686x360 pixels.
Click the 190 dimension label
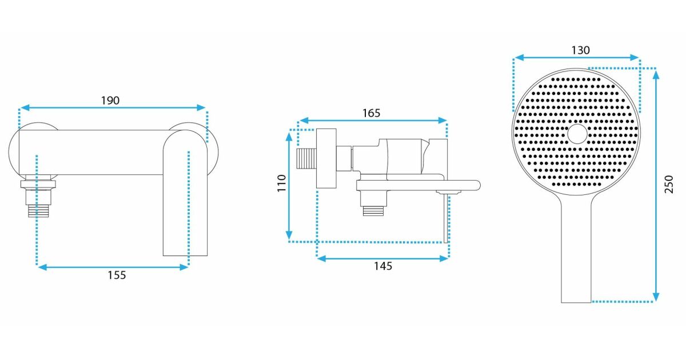[110, 101]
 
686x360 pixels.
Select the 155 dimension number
[117, 275]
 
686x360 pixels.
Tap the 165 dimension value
[372, 113]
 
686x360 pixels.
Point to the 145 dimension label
[383, 266]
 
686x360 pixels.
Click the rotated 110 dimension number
[281, 183]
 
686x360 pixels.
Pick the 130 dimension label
[581, 50]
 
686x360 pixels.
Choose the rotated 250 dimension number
[669, 184]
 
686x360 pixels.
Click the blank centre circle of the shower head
[577, 134]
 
